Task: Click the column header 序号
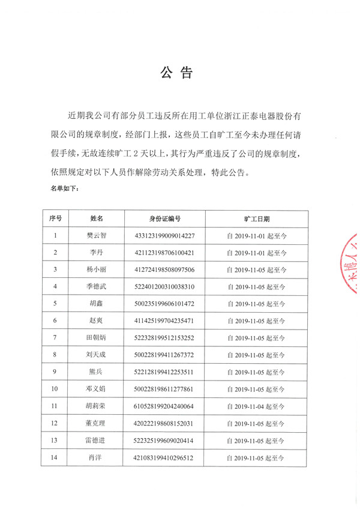[55, 219]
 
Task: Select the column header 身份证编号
[165, 219]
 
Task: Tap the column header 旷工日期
[257, 219]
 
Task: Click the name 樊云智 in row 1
[97, 236]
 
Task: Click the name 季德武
[97, 287]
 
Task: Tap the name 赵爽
[97, 321]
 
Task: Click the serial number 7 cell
[55, 338]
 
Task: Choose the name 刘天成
[97, 355]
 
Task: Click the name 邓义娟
[97, 389]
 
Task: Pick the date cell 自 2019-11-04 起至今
[257, 406]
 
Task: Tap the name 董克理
[97, 423]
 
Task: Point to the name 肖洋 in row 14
[97, 457]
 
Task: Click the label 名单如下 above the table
[64, 188]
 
